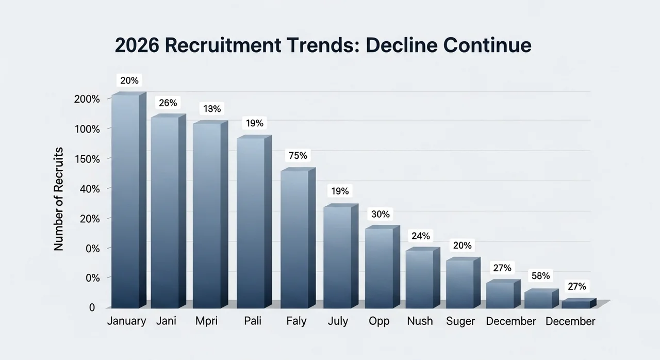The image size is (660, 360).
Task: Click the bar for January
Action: tap(125, 201)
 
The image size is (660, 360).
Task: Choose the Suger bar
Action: tap(460, 284)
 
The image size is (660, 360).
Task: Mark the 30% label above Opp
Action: tap(380, 214)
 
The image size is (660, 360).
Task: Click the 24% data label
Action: tap(420, 236)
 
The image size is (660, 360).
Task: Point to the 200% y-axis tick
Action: tap(87, 99)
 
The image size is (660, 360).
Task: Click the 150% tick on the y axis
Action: tap(87, 158)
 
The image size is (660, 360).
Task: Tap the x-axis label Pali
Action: tap(253, 321)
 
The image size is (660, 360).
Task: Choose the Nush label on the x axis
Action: tap(420, 321)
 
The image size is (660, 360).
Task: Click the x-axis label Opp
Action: tap(379, 321)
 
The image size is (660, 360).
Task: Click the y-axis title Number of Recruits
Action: tap(59, 199)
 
